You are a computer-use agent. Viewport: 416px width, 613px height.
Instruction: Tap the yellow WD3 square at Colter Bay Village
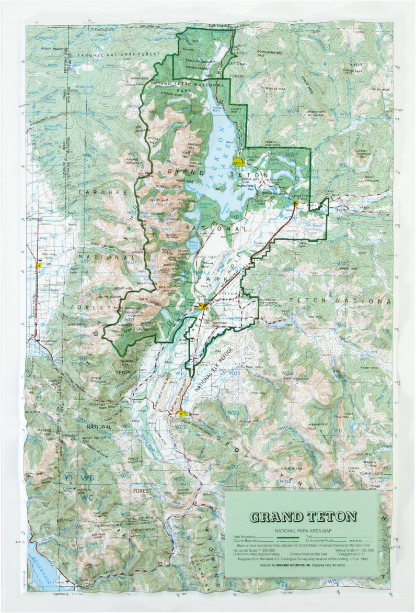238,162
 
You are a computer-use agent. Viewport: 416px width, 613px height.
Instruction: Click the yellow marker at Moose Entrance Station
203,307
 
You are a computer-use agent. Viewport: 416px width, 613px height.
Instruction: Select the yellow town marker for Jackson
181,414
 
